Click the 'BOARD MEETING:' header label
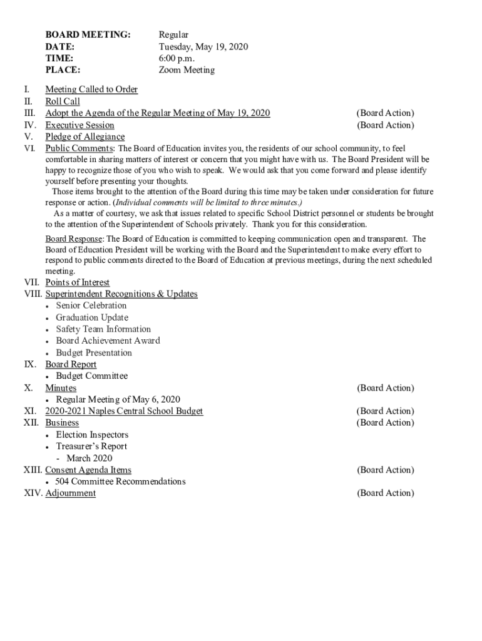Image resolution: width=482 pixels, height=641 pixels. tap(88, 34)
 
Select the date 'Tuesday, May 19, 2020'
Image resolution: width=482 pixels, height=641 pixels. tap(203, 46)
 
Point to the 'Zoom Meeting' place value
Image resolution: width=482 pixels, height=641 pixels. tap(187, 70)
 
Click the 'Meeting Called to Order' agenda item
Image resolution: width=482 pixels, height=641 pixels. tap(91, 90)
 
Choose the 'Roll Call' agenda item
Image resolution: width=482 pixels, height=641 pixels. tap(63, 101)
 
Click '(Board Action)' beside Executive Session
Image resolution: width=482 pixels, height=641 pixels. tap(385, 125)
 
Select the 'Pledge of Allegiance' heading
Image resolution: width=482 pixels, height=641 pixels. tap(85, 137)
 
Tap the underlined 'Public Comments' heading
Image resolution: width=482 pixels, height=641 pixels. tap(79, 148)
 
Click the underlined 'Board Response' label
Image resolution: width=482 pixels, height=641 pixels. tap(74, 239)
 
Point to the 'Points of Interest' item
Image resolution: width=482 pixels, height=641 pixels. tap(77, 283)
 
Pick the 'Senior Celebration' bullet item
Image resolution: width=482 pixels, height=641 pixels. tap(91, 305)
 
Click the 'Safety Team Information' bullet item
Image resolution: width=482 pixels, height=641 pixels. tap(103, 329)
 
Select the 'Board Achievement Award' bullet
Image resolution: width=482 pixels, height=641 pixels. tap(108, 341)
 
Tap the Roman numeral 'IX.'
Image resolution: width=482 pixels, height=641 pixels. tap(29, 364)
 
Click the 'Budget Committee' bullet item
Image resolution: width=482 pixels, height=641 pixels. tap(92, 376)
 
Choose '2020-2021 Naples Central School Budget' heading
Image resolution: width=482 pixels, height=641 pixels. tap(124, 411)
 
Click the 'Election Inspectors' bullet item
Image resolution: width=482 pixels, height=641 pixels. tap(92, 435)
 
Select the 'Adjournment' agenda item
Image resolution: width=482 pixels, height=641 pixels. tap(71, 493)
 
